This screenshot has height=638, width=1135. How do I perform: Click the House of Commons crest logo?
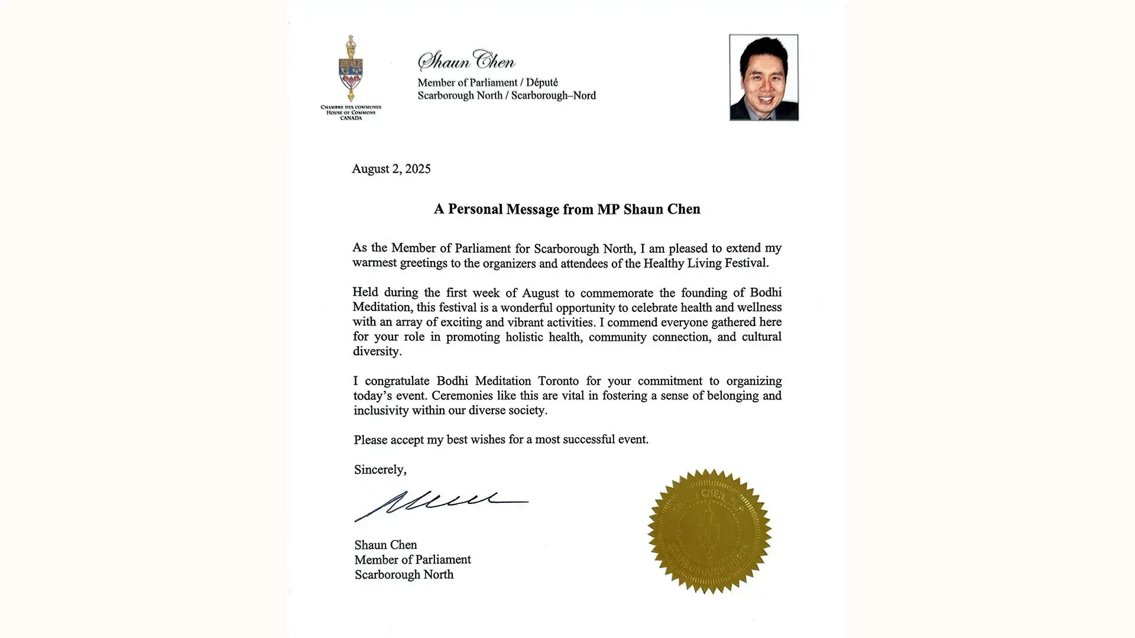click(351, 69)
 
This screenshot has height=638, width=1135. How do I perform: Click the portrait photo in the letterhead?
click(763, 77)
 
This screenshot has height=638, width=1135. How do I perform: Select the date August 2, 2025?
click(391, 169)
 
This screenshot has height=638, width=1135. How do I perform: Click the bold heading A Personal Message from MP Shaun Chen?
click(567, 209)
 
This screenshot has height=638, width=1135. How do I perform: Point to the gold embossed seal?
click(709, 531)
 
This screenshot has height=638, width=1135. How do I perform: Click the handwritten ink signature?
click(440, 505)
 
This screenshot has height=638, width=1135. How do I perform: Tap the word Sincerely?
click(380, 470)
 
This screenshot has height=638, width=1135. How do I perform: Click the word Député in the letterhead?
click(541, 83)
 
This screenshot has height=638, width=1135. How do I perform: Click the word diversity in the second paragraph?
click(377, 351)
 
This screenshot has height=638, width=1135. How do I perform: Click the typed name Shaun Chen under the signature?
click(385, 545)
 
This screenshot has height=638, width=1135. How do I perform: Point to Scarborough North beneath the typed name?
click(404, 574)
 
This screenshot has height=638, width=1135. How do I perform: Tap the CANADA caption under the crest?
click(351, 118)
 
